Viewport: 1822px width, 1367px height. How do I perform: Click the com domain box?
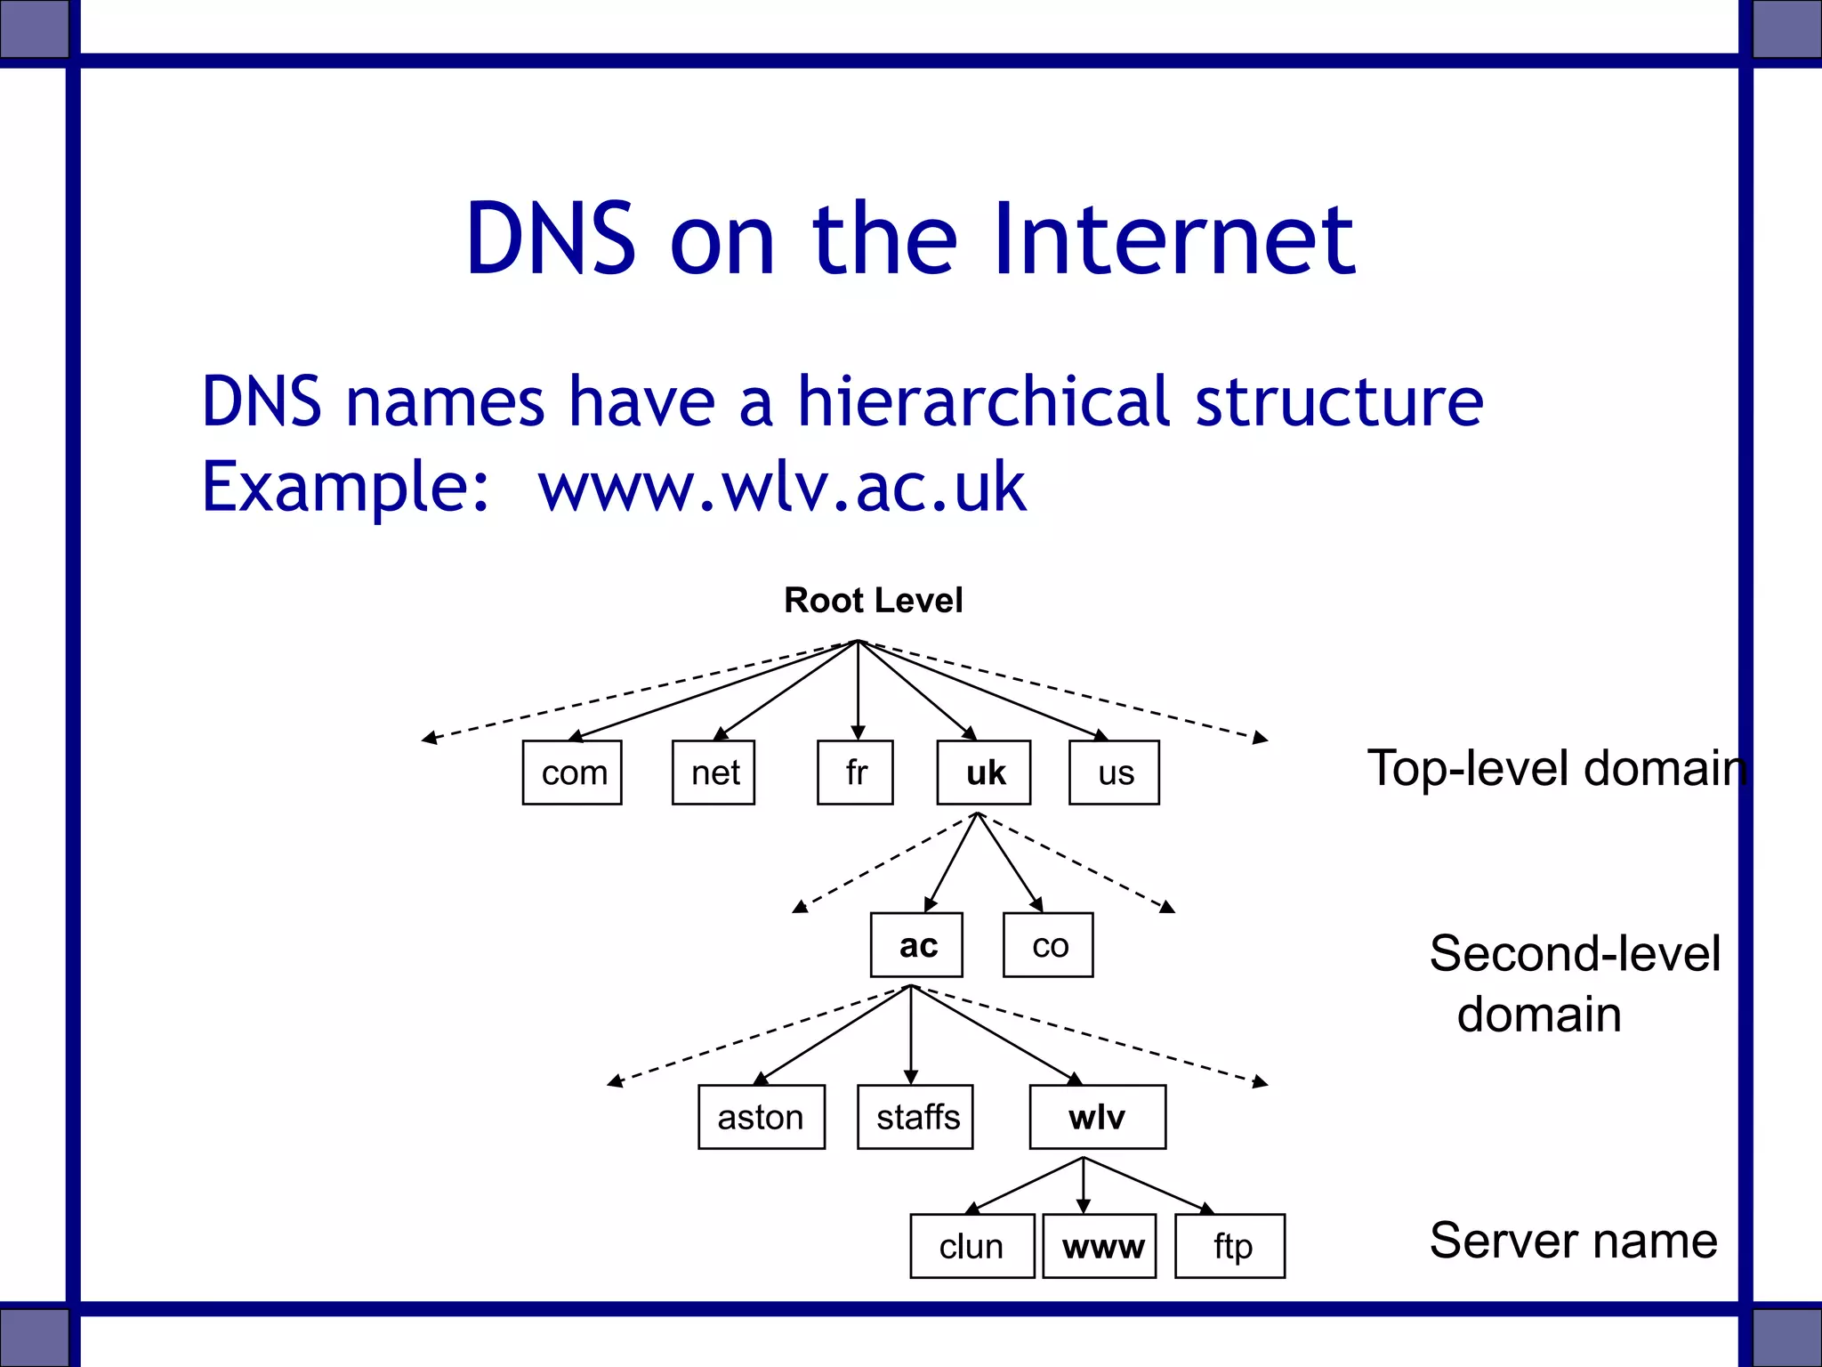coord(572,772)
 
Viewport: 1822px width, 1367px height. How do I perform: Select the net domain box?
coord(713,772)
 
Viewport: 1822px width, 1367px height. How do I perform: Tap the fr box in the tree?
coord(855,772)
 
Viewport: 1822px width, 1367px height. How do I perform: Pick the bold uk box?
coord(984,772)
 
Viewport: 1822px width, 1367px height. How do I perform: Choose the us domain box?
coord(1114,772)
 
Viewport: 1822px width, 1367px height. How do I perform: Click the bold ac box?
coord(916,945)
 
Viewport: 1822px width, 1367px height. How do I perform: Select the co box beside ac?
coord(1048,945)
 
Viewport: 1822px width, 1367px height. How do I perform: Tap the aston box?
coord(762,1117)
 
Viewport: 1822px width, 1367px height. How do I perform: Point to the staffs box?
coord(915,1117)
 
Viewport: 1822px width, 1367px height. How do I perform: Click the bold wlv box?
coord(1098,1117)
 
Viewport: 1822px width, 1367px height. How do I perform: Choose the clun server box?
coord(971,1246)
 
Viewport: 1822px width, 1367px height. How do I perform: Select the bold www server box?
coord(1100,1246)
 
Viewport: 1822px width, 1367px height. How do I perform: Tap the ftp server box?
coord(1230,1246)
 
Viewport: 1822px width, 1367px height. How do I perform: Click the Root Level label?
coord(873,601)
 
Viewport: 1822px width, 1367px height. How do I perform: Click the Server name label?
coord(1573,1241)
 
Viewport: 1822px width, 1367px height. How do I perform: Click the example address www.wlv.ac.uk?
coord(782,487)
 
